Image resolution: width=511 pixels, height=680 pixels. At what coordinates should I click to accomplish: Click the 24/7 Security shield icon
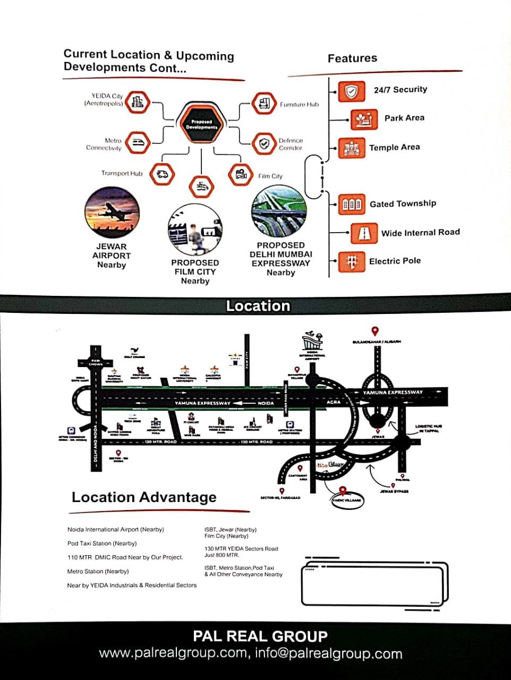351,91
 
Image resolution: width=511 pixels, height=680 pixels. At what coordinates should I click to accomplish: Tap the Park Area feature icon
364,120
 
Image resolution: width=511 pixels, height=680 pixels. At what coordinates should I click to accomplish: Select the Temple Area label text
394,147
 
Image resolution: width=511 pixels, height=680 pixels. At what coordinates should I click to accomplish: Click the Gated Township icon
351,205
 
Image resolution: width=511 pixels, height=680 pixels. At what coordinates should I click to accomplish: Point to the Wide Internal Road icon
364,233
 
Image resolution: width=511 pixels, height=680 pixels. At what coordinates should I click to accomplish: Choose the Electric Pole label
395,261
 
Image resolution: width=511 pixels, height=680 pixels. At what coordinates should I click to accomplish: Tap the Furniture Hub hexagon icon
264,104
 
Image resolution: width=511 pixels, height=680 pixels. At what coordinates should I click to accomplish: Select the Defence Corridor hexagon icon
263,143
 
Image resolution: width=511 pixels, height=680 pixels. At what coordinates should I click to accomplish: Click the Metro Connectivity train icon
138,142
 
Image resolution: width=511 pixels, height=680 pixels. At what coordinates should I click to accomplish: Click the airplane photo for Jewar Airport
112,213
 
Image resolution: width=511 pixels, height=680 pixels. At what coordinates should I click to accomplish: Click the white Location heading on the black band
258,306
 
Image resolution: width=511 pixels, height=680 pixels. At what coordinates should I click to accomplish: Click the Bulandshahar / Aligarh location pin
374,331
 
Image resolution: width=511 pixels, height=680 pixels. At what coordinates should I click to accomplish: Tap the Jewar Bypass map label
394,491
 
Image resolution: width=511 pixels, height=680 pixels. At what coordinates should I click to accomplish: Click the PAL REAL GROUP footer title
260,636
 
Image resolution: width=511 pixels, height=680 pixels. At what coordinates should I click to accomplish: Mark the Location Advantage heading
144,497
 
